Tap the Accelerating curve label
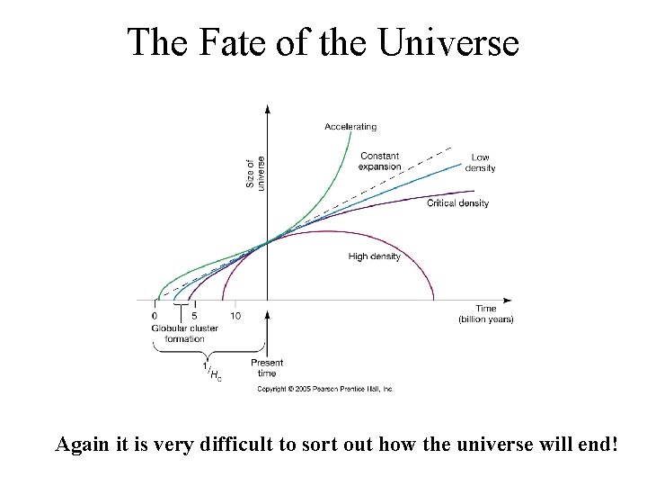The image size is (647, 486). [350, 127]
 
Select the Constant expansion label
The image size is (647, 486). [379, 161]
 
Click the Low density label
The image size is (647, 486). [480, 163]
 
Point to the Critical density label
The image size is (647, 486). [457, 203]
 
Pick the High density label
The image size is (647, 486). [374, 256]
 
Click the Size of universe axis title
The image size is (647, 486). [255, 174]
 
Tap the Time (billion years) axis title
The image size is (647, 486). [485, 314]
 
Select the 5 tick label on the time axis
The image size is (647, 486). [194, 316]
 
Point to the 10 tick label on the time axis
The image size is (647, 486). [235, 316]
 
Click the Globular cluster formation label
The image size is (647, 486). [184, 333]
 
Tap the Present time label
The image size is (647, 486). [267, 368]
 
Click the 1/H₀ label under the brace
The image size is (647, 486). [213, 373]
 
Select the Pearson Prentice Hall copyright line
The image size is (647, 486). [324, 389]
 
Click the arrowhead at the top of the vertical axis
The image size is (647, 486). [267, 109]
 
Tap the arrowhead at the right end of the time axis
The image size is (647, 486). [508, 300]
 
